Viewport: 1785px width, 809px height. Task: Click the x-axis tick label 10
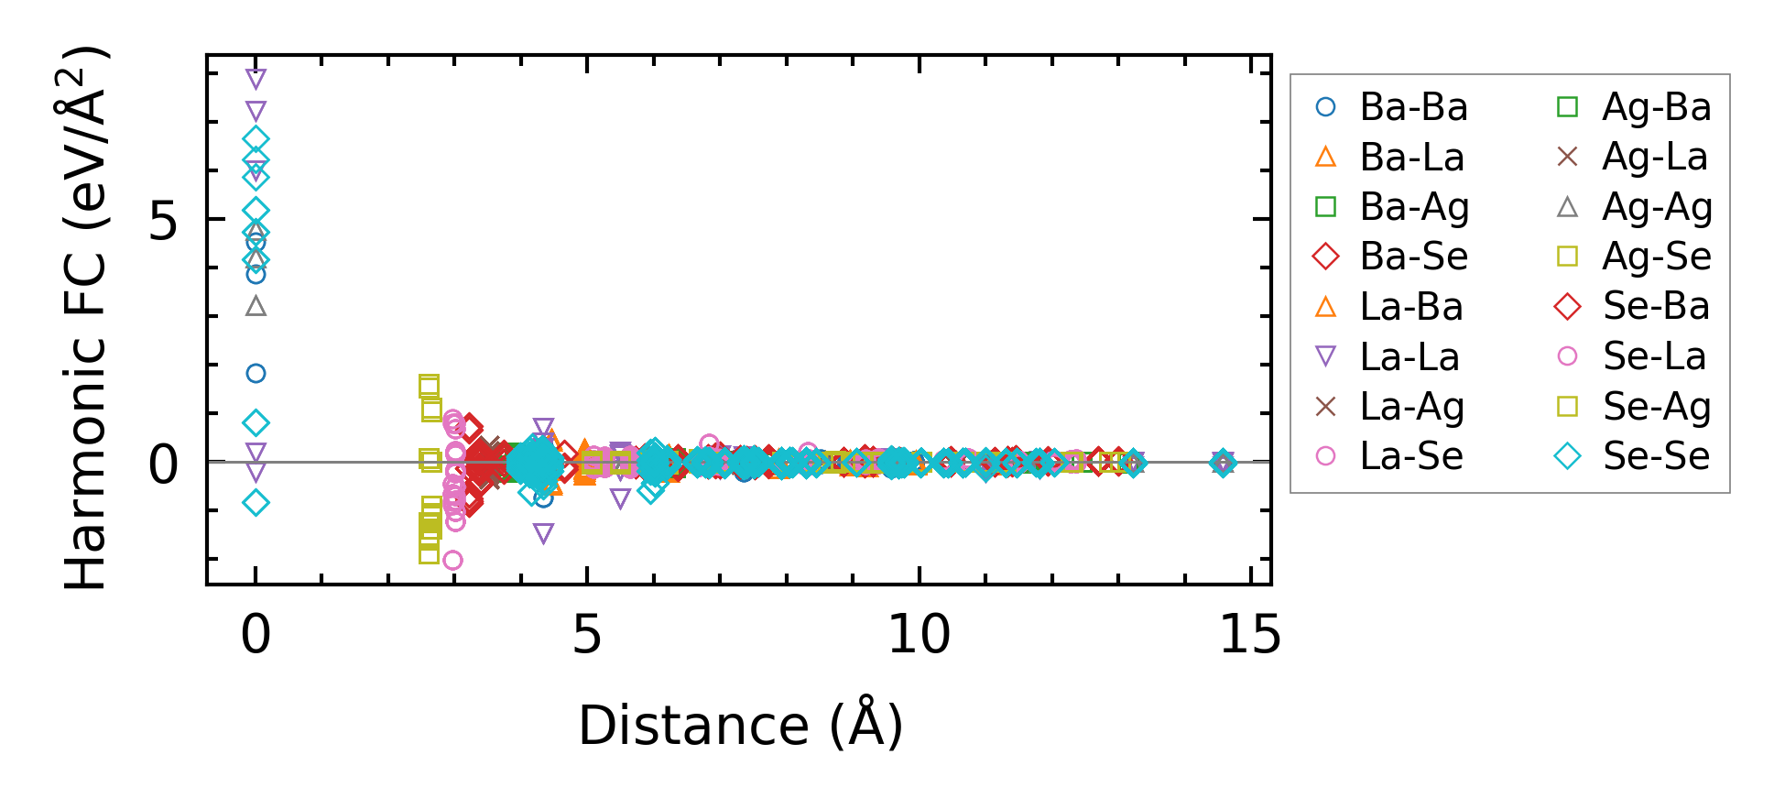click(919, 634)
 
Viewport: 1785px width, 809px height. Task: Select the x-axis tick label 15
click(1250, 634)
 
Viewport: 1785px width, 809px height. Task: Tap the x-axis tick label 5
click(587, 634)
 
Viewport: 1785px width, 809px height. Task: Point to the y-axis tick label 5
click(164, 221)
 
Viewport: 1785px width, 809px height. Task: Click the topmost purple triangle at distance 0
click(256, 78)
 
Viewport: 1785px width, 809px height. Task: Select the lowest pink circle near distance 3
click(452, 560)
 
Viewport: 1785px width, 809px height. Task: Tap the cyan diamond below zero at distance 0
click(256, 502)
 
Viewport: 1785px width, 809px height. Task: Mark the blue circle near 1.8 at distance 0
click(256, 373)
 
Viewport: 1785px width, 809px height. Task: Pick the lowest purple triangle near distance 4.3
click(543, 533)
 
